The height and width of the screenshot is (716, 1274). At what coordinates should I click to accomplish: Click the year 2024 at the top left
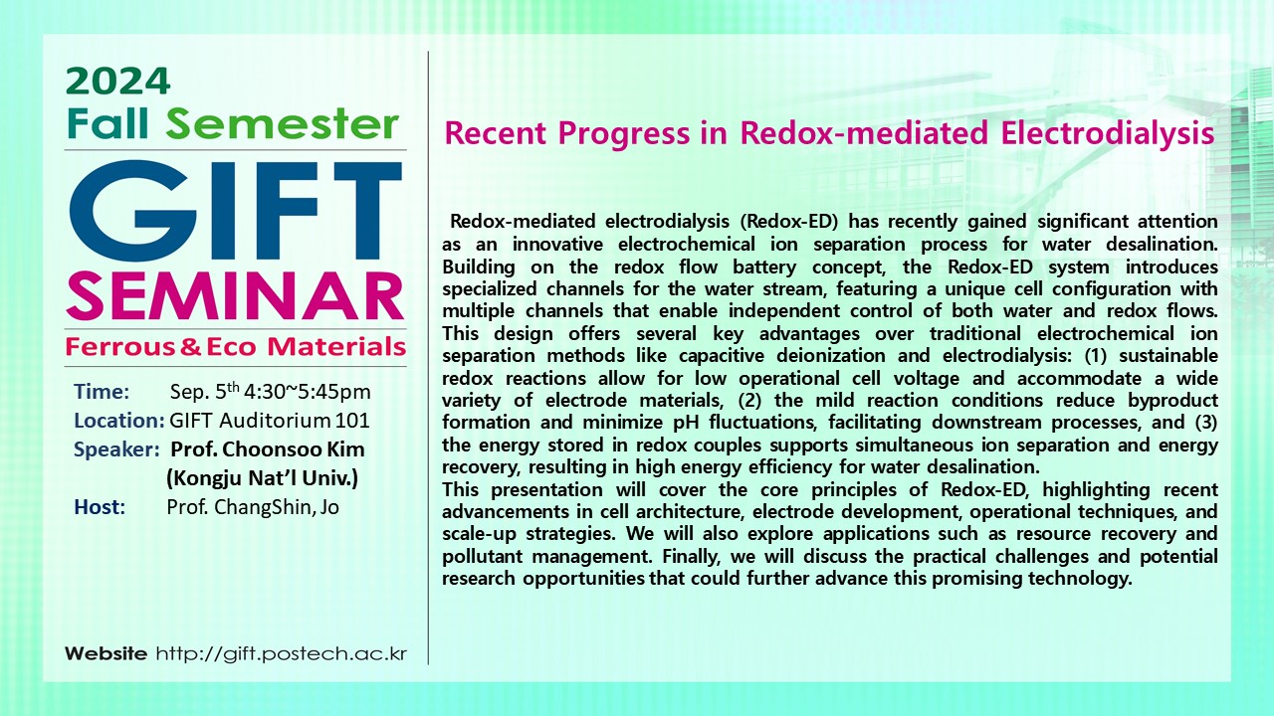117,82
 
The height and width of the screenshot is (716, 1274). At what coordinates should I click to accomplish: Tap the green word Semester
283,124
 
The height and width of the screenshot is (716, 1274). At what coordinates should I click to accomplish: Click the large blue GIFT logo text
236,211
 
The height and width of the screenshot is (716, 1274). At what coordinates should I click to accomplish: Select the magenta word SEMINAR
235,296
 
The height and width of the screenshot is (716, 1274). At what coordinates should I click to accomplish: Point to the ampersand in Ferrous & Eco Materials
190,347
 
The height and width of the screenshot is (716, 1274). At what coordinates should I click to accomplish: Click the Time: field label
102,392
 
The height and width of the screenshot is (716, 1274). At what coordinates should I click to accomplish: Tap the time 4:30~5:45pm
308,392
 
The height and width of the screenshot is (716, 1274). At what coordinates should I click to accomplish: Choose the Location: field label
118,421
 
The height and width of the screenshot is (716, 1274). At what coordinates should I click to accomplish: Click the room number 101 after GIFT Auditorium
352,421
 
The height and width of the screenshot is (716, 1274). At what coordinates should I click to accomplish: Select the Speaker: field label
116,450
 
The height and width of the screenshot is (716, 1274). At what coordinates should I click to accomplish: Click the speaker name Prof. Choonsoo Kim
268,448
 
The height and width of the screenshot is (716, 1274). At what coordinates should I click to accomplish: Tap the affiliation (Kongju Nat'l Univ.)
262,478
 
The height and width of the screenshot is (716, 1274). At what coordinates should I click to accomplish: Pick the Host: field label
100,507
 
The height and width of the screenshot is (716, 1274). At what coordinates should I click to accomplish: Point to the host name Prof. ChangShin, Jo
253,507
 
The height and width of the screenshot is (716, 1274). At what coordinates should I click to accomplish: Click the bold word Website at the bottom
106,653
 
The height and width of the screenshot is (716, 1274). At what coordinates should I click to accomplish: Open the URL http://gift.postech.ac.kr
282,654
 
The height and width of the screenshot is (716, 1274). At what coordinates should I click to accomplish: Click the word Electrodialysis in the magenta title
1107,133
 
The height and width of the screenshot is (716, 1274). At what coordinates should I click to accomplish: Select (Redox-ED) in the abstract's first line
789,221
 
